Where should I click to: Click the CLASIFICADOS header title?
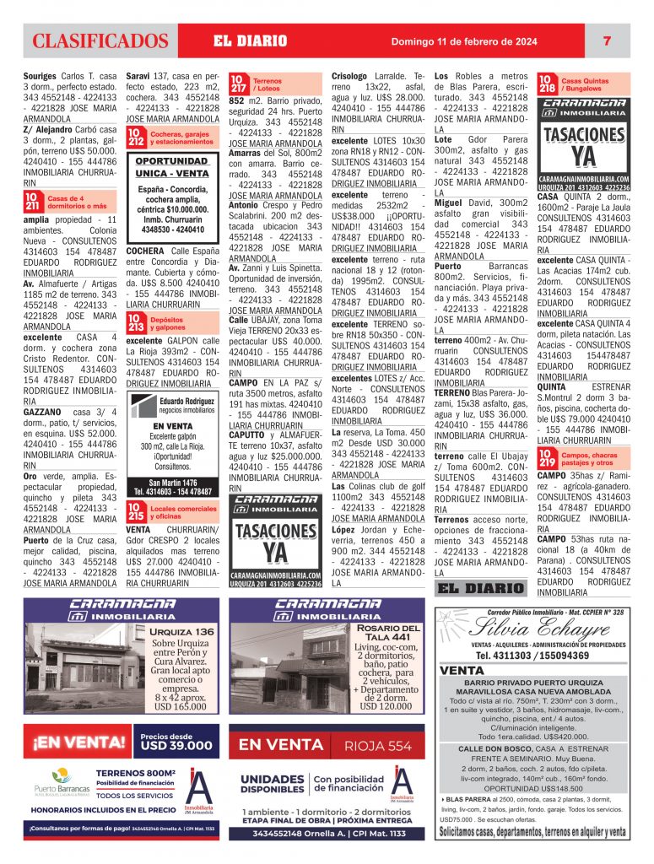(x=100, y=40)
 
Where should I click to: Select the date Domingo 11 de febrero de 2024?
(x=462, y=40)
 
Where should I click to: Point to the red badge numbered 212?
(x=135, y=137)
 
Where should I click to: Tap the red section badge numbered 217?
(x=239, y=84)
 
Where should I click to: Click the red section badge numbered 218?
(x=547, y=84)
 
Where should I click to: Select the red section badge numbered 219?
(x=547, y=459)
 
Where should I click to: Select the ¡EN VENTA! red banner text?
(x=79, y=742)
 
